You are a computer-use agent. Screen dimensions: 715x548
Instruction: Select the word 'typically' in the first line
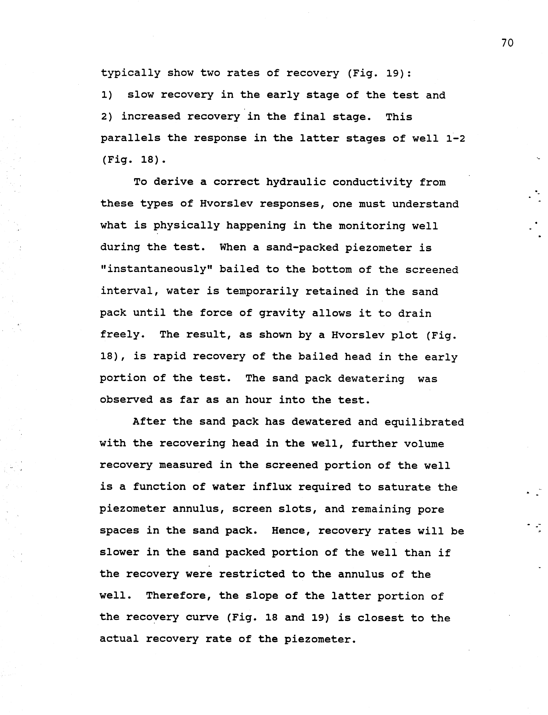130,73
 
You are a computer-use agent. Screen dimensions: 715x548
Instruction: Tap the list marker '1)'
107,95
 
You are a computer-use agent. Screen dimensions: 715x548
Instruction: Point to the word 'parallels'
130,138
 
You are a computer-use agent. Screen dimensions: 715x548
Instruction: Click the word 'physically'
187,226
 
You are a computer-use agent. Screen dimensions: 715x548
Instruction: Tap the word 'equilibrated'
424,422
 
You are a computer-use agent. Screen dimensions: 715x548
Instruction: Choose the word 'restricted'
252,574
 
